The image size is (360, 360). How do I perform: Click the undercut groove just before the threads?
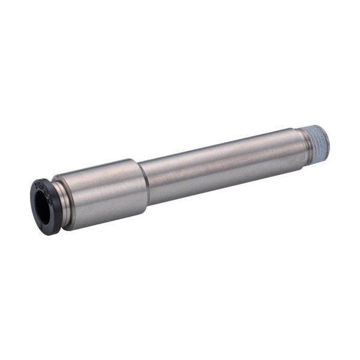300,148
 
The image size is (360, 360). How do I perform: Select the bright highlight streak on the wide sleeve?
99,180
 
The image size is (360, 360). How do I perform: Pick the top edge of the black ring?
37,181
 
